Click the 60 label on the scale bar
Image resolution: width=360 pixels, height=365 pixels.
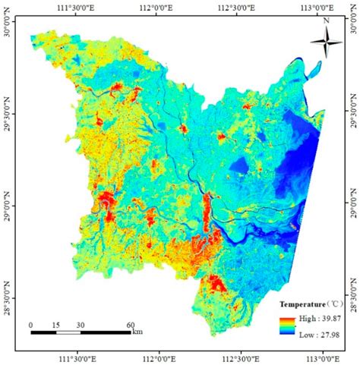[x=130, y=325]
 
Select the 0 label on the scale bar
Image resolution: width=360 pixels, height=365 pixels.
[x=31, y=325]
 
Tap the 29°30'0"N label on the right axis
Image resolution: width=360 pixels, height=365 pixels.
[x=353, y=112]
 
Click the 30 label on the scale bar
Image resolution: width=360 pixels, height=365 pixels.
[x=81, y=325]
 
